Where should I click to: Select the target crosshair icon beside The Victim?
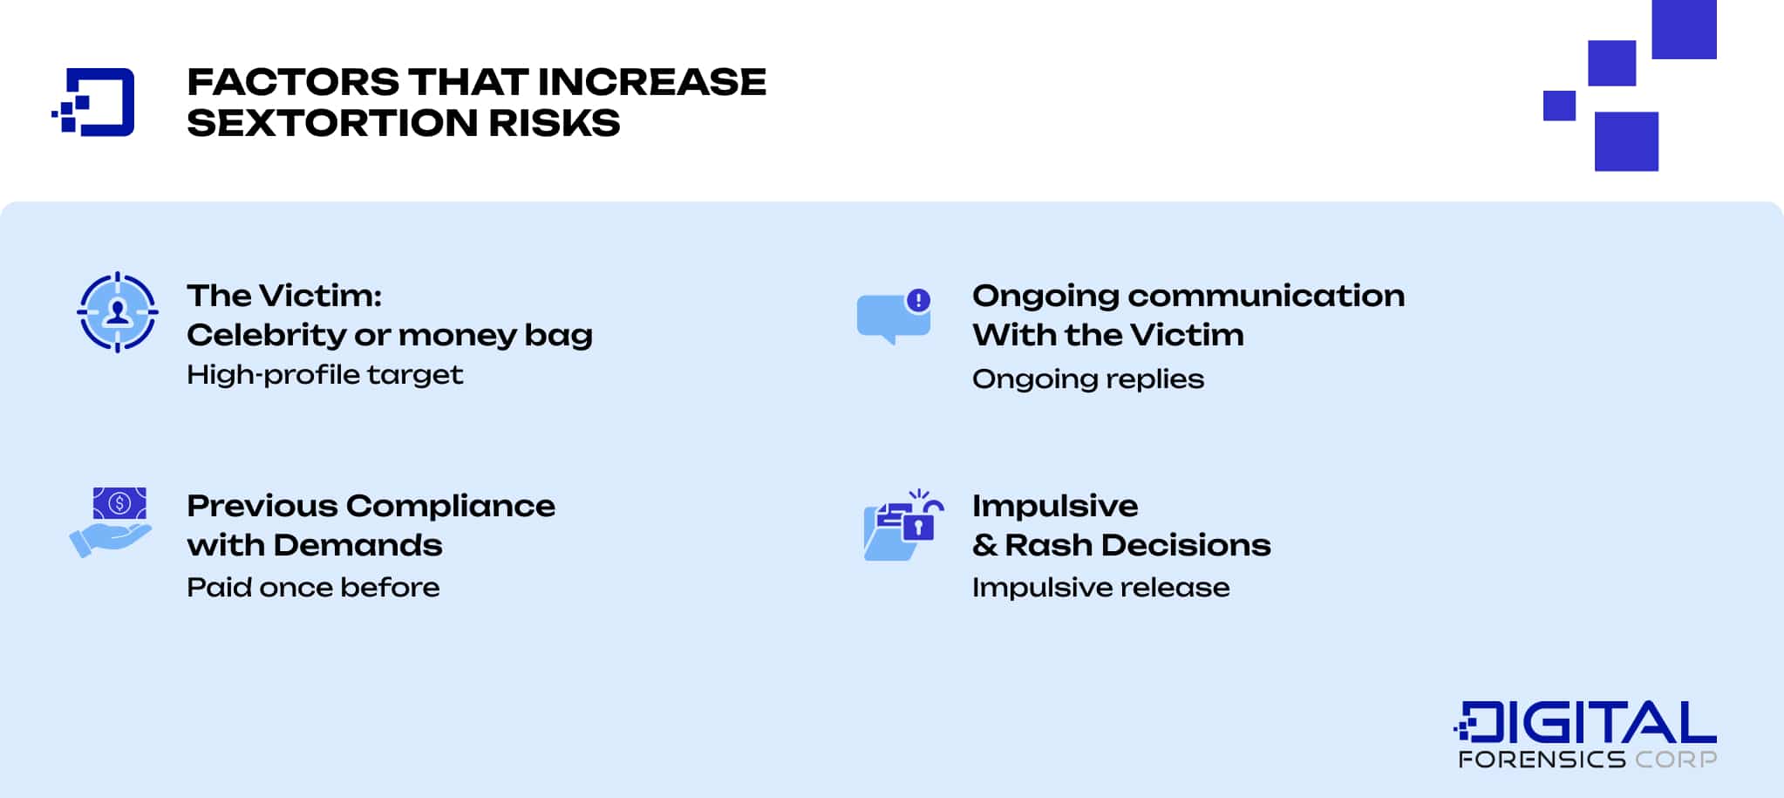[118, 312]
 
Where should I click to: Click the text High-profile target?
[324, 375]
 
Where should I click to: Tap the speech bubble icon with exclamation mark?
[891, 318]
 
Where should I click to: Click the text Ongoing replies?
[1087, 379]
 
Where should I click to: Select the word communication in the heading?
[1266, 296]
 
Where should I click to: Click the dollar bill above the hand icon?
[119, 503]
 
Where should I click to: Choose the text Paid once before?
[313, 587]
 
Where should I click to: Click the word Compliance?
[450, 506]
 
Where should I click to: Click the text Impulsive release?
[1100, 587]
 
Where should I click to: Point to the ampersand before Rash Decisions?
[984, 545]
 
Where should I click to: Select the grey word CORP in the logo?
[1675, 760]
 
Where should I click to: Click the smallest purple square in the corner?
[1559, 106]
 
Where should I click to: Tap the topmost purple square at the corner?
[1684, 29]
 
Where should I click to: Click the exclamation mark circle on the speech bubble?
[918, 300]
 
